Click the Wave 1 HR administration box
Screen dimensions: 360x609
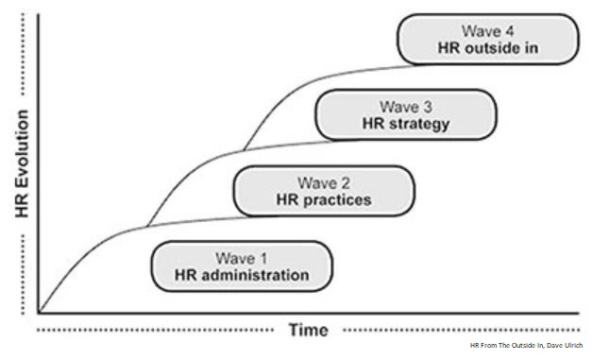[x=242, y=266]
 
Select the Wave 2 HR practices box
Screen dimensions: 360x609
[x=324, y=190]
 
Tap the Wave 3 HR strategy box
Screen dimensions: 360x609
[x=405, y=114]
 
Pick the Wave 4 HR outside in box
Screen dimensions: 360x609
[x=487, y=40]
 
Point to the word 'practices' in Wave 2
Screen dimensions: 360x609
[x=338, y=200]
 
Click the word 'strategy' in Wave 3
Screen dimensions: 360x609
[x=419, y=124]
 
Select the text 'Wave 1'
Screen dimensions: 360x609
[x=242, y=257]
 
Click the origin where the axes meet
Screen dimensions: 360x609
[x=39, y=311]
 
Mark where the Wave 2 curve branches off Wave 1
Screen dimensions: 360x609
[x=146, y=228]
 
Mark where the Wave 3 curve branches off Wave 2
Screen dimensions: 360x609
[x=243, y=150]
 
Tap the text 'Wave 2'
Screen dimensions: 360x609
[x=324, y=181]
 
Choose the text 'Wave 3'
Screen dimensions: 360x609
[x=405, y=106]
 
